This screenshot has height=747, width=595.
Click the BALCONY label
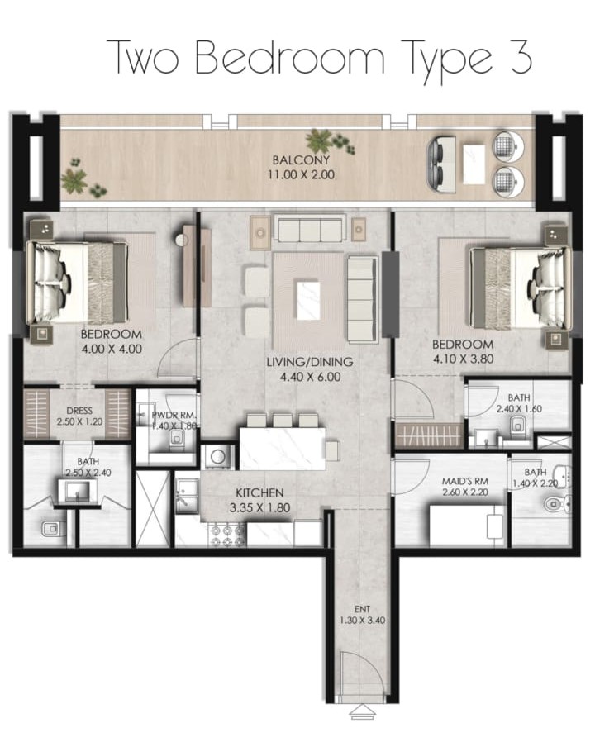[x=301, y=160]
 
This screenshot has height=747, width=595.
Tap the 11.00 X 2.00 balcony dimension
[x=301, y=174]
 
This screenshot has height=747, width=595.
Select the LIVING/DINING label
[x=310, y=362]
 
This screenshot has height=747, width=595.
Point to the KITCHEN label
[x=259, y=493]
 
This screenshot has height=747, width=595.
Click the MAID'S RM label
[x=465, y=482]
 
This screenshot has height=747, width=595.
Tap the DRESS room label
[x=79, y=411]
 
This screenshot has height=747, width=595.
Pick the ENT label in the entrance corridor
[x=363, y=609]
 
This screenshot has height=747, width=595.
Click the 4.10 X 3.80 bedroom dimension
[x=463, y=359]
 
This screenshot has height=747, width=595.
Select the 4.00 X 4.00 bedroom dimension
[x=112, y=350]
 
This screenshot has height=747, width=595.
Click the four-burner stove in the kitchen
[x=228, y=535]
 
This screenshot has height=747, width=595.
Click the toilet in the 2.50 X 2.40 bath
[x=49, y=529]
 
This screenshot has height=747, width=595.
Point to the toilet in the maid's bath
[x=557, y=503]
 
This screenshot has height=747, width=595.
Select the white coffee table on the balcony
[x=474, y=164]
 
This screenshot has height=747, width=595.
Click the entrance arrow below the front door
[x=363, y=712]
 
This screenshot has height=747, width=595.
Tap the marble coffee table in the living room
[x=307, y=301]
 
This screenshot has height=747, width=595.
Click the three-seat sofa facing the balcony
[x=310, y=230]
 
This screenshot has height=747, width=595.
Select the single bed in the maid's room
[x=467, y=526]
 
